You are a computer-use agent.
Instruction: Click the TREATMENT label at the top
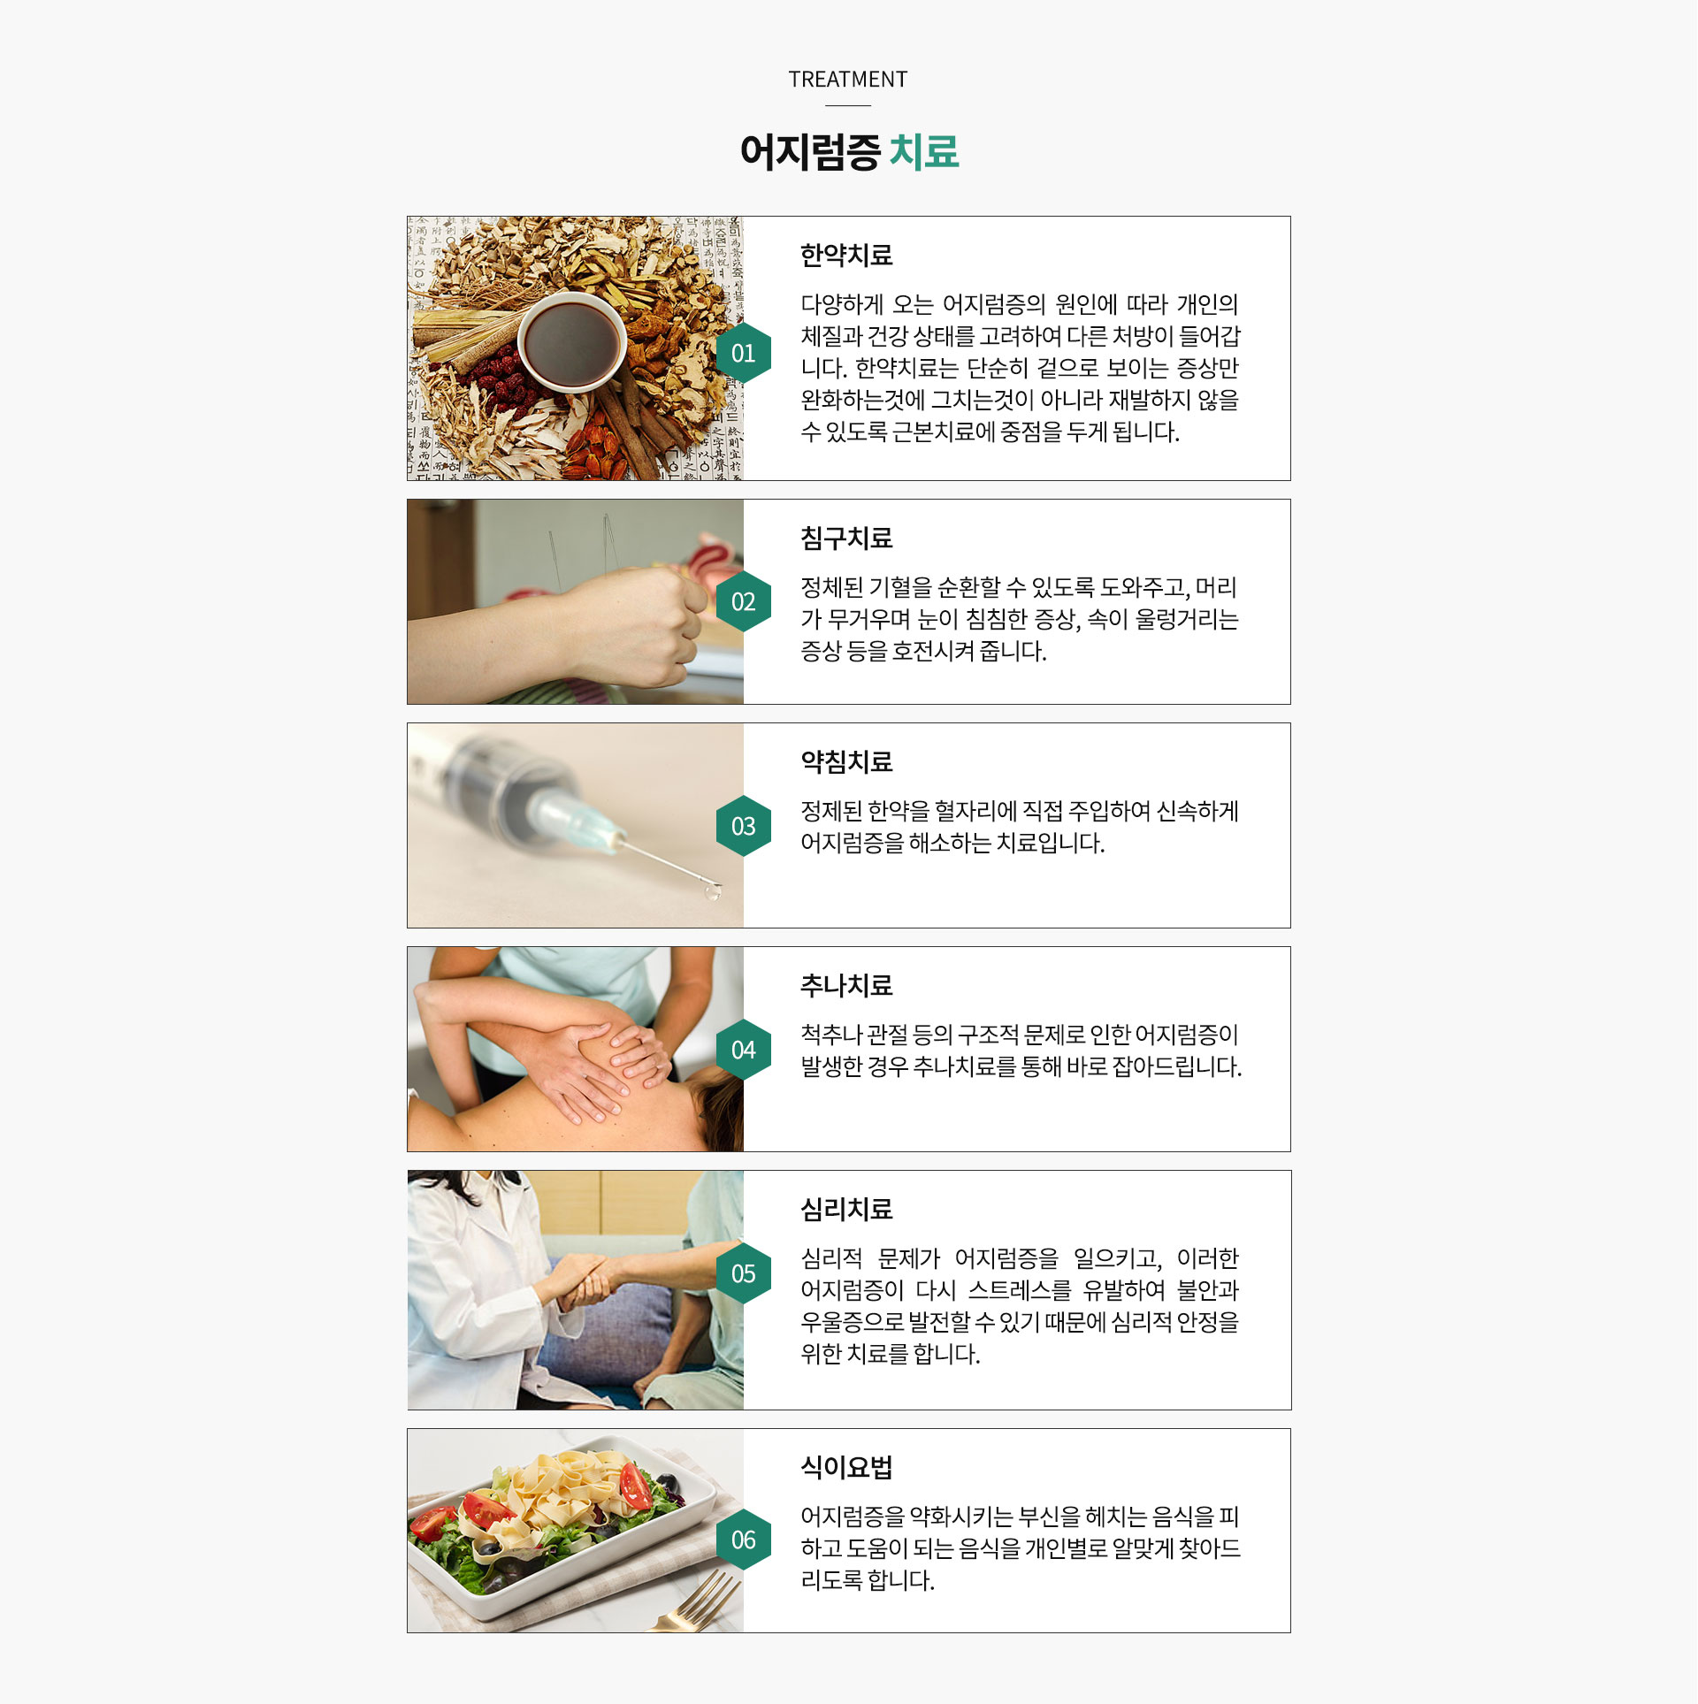(847, 80)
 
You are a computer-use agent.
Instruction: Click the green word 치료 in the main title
(924, 151)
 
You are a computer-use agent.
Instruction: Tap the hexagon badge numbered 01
(743, 354)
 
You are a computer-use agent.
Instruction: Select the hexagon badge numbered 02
(743, 602)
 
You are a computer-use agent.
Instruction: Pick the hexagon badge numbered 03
(743, 826)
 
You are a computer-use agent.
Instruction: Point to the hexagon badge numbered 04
(743, 1050)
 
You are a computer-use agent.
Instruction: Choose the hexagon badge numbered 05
(743, 1273)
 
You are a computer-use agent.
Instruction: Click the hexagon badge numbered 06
(743, 1540)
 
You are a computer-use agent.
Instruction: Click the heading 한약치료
(846, 256)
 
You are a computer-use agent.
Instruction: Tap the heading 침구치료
(846, 538)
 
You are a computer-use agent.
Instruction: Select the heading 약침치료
(846, 761)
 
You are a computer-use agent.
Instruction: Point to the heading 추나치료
(846, 985)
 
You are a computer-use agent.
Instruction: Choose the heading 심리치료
(846, 1209)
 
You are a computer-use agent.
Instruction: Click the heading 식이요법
(846, 1467)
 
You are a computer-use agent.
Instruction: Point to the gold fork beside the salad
(699, 1601)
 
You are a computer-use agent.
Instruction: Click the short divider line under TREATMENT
(847, 106)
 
